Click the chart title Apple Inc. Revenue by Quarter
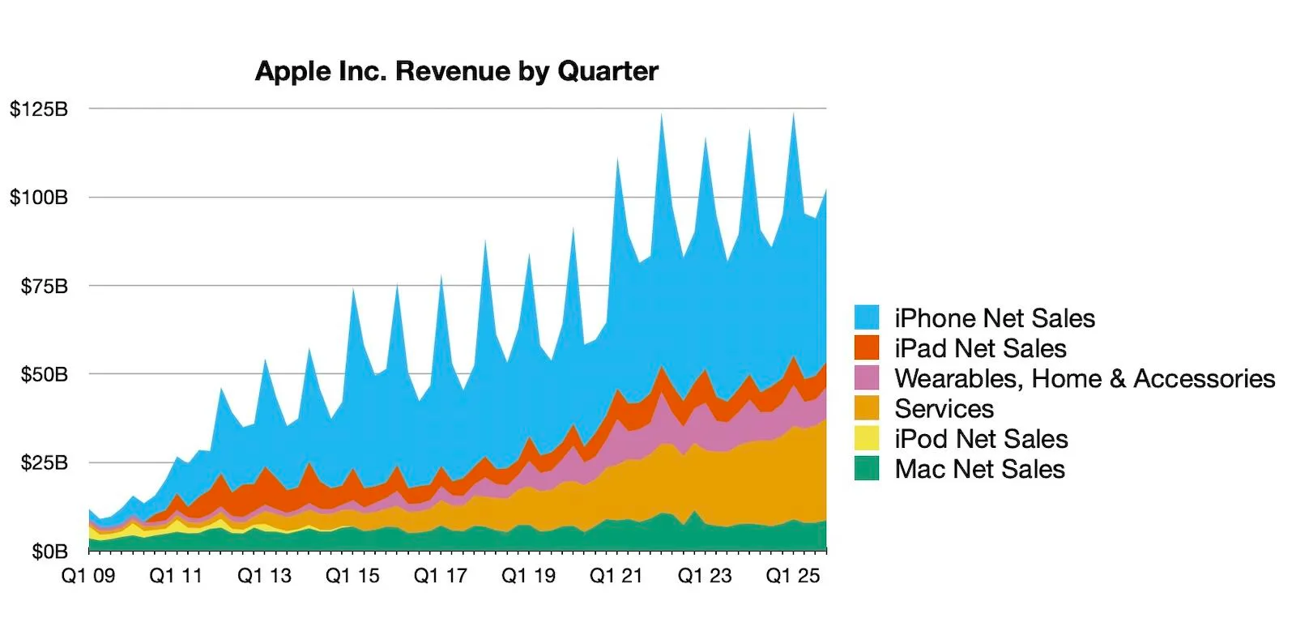click(456, 71)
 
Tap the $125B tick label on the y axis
click(39, 109)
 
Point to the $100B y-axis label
click(39, 198)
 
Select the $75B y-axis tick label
click(45, 286)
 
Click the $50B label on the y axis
click(45, 374)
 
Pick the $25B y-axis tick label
click(45, 462)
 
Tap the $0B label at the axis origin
click(49, 552)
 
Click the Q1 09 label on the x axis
click(88, 576)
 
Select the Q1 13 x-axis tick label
click(264, 576)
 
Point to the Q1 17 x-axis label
click(440, 576)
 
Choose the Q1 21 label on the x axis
click(616, 576)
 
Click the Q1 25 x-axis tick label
click(792, 576)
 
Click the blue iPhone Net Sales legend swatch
click(867, 317)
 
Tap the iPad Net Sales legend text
click(980, 348)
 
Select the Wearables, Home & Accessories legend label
click(1084, 378)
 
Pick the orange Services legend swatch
click(867, 407)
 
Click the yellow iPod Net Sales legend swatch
click(867, 438)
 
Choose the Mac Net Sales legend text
click(979, 469)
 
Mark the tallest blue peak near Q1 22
click(661, 118)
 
